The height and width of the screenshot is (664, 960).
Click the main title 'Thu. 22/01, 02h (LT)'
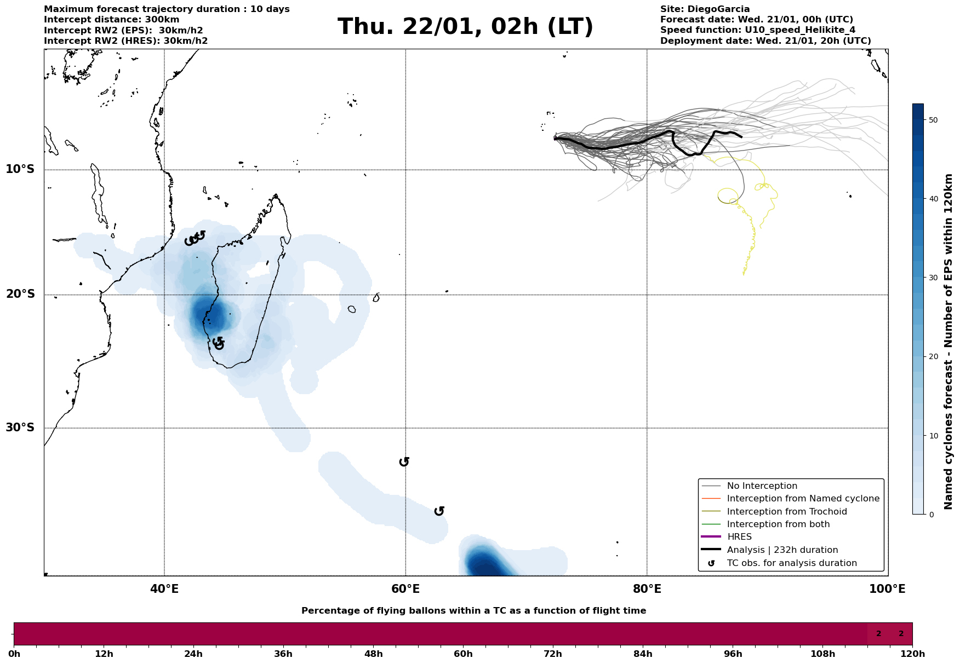(x=465, y=27)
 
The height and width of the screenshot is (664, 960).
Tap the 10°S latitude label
(x=20, y=169)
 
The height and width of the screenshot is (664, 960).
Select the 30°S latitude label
(x=20, y=428)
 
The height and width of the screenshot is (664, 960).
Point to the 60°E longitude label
(x=405, y=589)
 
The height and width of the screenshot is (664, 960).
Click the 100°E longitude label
(x=887, y=589)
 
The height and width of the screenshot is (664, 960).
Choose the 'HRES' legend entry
(x=739, y=537)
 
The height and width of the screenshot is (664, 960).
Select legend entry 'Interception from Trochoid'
(x=786, y=512)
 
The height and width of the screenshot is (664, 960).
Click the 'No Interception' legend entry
(x=762, y=486)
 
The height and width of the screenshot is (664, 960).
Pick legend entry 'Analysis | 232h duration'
(x=782, y=550)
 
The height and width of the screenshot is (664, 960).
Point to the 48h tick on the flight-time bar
(x=373, y=654)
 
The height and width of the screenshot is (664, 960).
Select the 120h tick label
(x=912, y=654)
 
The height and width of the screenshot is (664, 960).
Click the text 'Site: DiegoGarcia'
(x=705, y=9)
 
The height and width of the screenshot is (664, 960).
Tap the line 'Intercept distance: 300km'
(x=111, y=20)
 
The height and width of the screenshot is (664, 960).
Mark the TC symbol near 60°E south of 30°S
(x=404, y=462)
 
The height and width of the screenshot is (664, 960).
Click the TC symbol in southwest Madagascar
(x=218, y=343)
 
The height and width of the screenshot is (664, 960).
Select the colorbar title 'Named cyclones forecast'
(x=948, y=342)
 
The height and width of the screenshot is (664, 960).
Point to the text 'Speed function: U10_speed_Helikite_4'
(x=757, y=30)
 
